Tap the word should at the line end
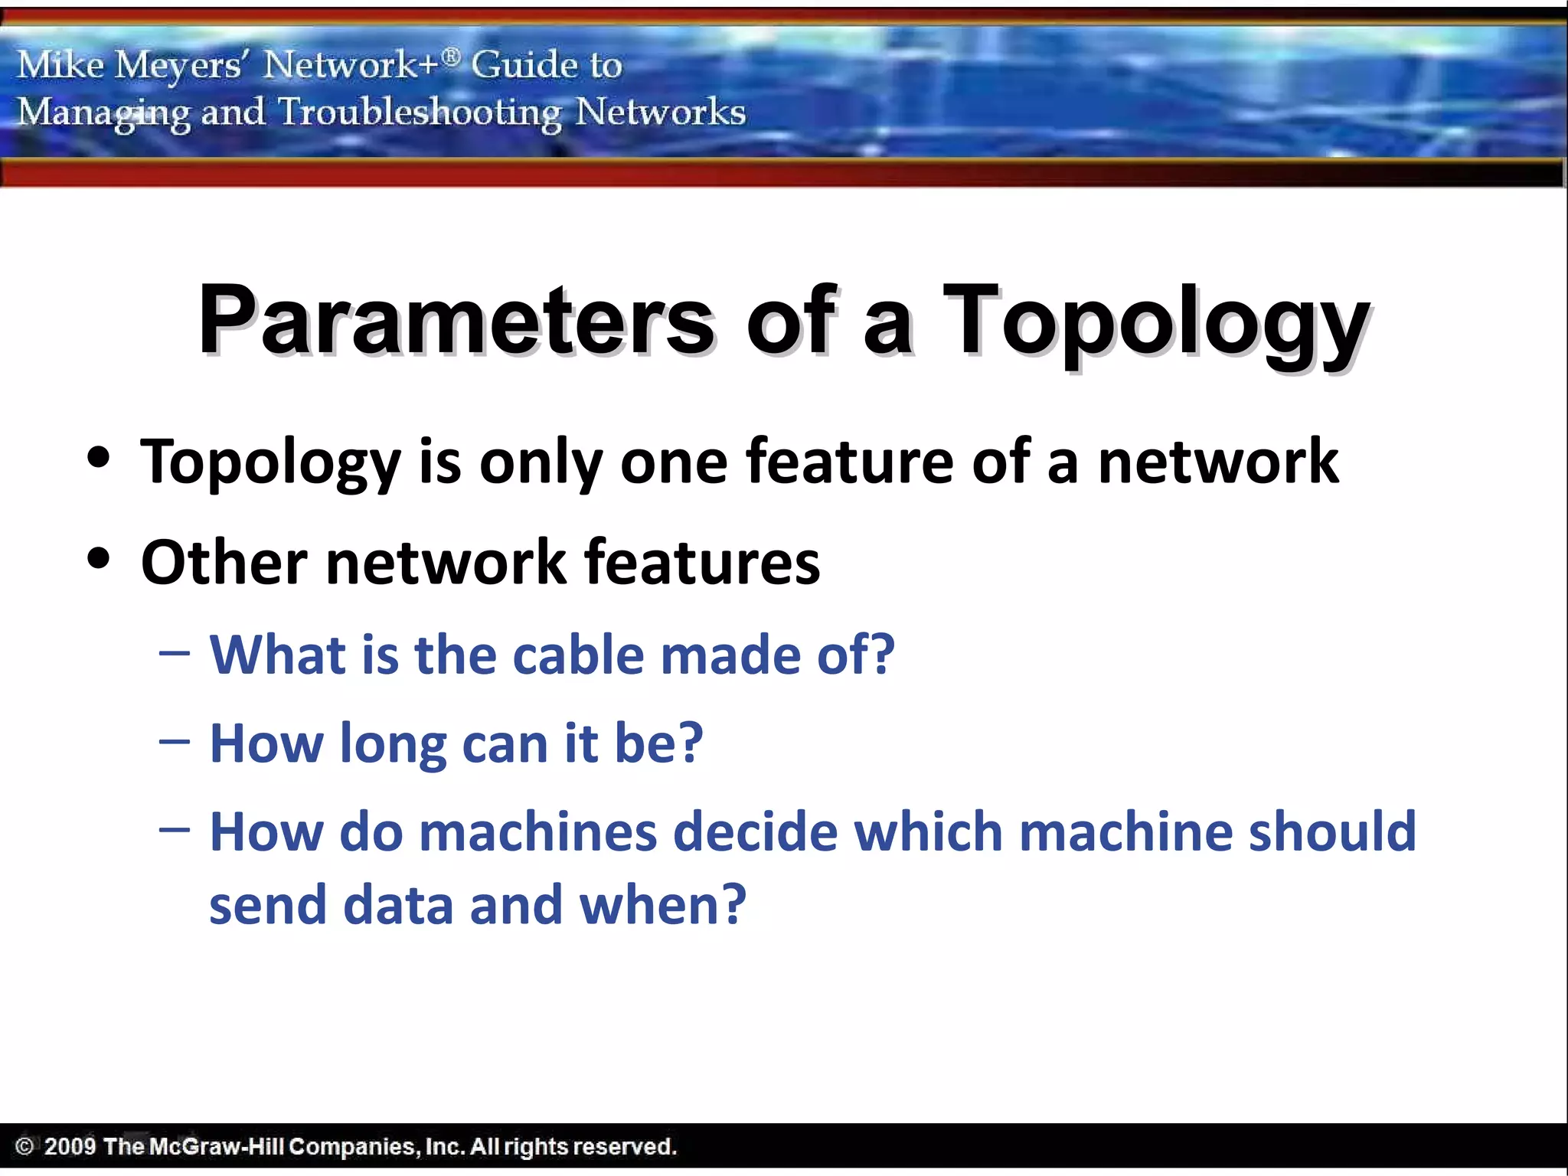pos(1332,832)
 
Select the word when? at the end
pos(662,905)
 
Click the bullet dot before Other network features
pos(99,559)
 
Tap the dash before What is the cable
pos(175,655)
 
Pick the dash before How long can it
pos(175,742)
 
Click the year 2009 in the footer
pos(70,1147)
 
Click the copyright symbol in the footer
pos(24,1147)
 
